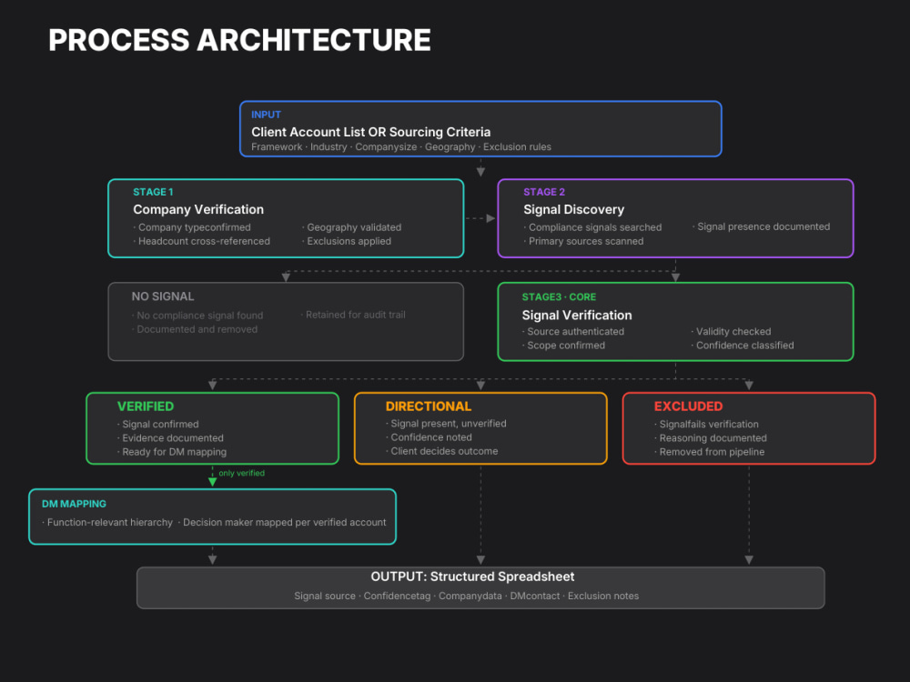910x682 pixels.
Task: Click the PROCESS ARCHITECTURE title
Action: tap(239, 40)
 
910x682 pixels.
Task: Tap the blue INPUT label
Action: tap(266, 115)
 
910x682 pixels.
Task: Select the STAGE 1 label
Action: tap(153, 192)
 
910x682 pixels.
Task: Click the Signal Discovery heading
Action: tap(573, 209)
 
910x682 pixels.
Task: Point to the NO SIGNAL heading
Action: tap(163, 296)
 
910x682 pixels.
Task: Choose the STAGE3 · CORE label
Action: tap(559, 297)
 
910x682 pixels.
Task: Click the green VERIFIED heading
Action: tap(145, 406)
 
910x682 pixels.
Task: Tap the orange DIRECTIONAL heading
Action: tap(429, 406)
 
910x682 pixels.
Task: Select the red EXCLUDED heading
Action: tap(688, 406)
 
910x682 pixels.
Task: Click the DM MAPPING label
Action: tap(74, 504)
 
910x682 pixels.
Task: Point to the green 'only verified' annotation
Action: tap(241, 473)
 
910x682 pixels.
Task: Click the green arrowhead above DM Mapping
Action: tap(212, 481)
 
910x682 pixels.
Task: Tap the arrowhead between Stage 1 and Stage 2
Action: tap(490, 218)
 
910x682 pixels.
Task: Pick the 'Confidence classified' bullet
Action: tap(743, 346)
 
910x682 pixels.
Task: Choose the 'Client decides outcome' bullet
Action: tap(441, 451)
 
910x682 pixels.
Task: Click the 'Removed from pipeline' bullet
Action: tap(709, 452)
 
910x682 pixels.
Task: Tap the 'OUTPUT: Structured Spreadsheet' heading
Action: tap(472, 577)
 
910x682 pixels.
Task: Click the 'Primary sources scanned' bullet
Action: tap(583, 241)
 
